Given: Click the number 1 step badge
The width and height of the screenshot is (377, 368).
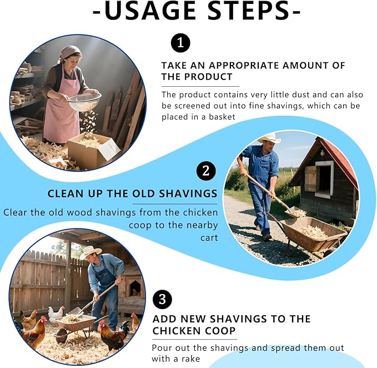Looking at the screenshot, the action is pos(180,43).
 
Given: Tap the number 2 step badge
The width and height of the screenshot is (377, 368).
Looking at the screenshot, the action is pos(206,171).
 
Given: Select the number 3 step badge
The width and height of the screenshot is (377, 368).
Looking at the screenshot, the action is pos(162,300).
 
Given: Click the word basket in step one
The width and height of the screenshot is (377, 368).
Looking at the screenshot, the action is pos(222,117).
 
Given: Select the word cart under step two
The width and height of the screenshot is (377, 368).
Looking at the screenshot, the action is pos(209,238).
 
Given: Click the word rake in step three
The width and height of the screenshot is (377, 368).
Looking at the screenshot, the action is pos(190,359).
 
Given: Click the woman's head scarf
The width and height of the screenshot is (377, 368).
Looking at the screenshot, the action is pos(70,52).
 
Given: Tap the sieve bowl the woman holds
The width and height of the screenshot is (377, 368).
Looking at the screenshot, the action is pos(84,102).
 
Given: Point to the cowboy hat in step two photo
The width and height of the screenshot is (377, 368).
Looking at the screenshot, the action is pos(269,138).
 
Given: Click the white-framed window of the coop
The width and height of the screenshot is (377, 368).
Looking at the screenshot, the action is pos(324,179).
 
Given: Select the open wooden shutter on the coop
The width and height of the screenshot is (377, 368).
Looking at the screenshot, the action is pos(310,178).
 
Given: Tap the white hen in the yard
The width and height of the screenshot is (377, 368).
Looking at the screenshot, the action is pos(56,313).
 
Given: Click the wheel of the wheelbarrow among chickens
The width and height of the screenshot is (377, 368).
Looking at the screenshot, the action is pos(61,336).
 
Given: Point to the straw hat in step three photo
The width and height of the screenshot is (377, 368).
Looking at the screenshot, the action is pos(91,252).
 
